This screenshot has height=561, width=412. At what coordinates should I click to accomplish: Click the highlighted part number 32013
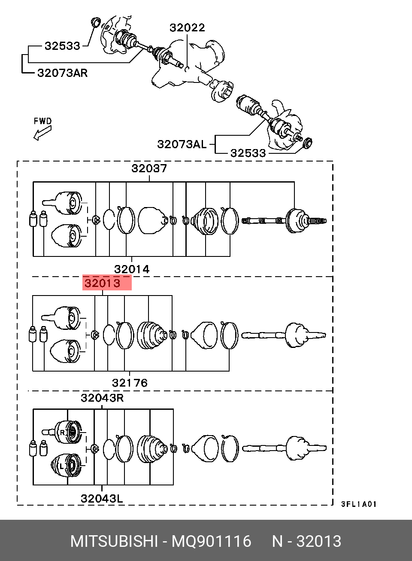click(x=103, y=283)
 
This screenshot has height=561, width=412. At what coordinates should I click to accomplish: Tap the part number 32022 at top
click(x=187, y=27)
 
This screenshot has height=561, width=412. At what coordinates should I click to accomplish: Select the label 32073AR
click(x=63, y=73)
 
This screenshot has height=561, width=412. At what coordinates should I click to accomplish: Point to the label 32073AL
click(x=182, y=144)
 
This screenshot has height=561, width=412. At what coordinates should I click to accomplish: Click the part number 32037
click(x=149, y=168)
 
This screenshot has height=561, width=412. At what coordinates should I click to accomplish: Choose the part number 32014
click(x=132, y=269)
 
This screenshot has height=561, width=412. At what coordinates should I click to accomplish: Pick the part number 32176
click(x=130, y=383)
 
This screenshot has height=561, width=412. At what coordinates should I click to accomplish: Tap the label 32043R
click(x=102, y=398)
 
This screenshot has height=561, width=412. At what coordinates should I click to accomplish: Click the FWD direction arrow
click(x=42, y=133)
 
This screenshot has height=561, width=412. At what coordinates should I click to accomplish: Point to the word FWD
click(x=43, y=121)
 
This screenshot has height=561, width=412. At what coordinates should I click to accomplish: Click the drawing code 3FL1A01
click(x=359, y=504)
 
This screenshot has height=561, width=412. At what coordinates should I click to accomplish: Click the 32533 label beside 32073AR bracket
click(x=62, y=46)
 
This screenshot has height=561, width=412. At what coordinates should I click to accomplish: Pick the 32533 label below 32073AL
click(x=248, y=153)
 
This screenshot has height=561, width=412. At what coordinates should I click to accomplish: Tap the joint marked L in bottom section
click(x=66, y=465)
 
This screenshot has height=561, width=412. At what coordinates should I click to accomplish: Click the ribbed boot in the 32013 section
click(x=152, y=335)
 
